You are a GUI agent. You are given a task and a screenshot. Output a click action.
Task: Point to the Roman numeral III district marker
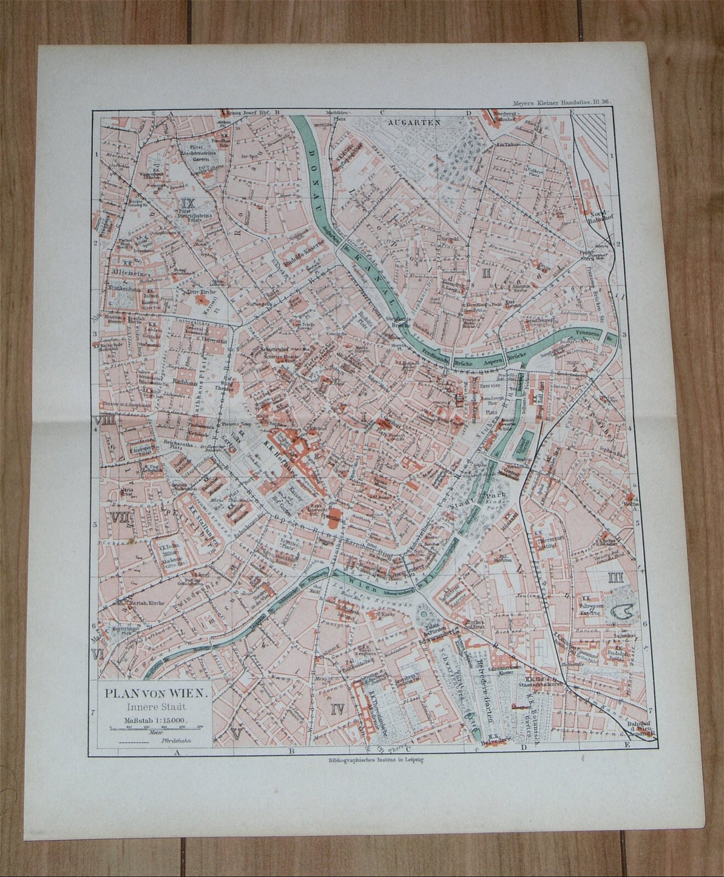[613, 577]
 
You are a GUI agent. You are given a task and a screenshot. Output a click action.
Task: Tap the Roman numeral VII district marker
[119, 517]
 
